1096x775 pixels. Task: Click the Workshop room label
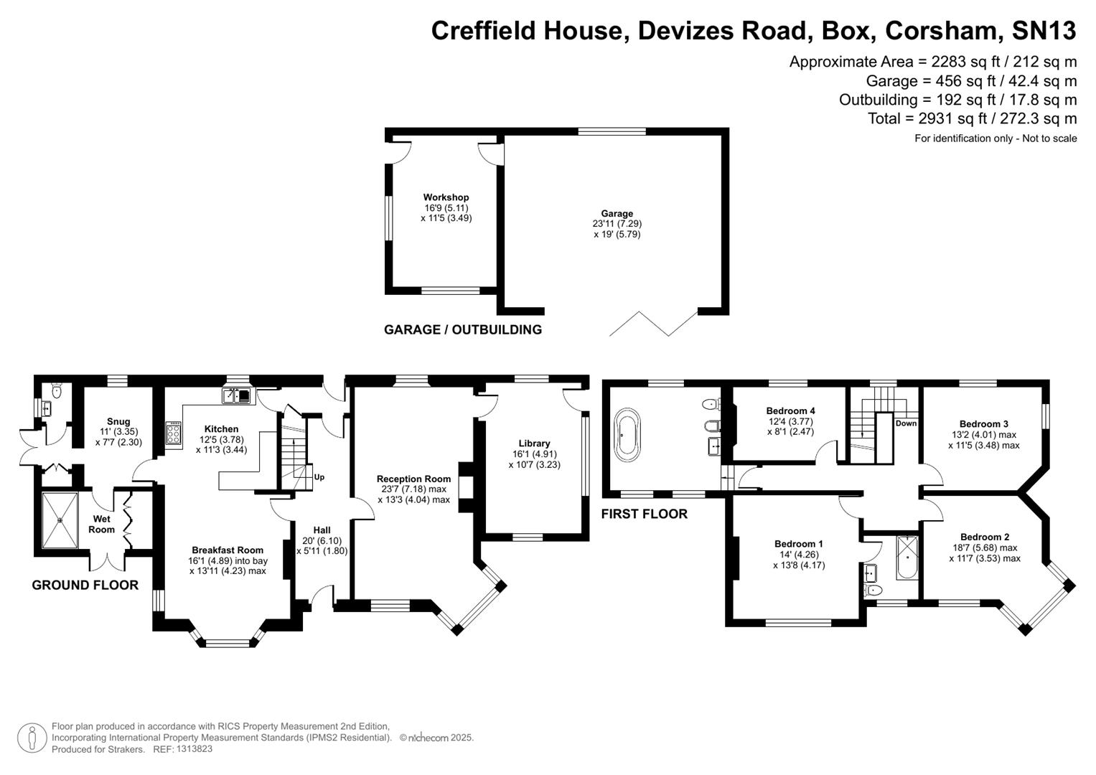[x=446, y=197]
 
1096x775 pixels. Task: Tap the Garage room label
[x=617, y=213]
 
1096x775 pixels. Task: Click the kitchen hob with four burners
[x=173, y=433]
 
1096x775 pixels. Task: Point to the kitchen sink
[x=236, y=395]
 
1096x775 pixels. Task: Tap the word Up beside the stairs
[x=319, y=477]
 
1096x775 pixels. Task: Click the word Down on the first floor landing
[x=906, y=423]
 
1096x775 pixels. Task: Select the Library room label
[x=534, y=443]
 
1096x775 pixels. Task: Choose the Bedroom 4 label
[x=790, y=411]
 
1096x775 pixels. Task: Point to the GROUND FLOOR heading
[x=85, y=586]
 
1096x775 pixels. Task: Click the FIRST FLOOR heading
[x=644, y=514]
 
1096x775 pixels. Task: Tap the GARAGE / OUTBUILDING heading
[x=462, y=330]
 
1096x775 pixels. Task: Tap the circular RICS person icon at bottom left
[x=32, y=738]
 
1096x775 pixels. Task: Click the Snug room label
[x=118, y=422]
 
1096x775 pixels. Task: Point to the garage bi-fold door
[x=653, y=324]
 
